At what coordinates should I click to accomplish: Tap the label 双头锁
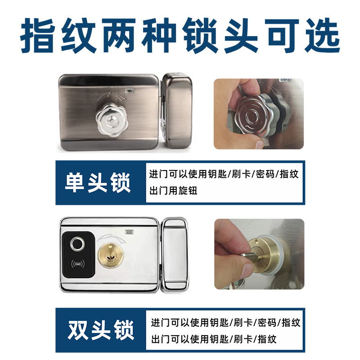[x=101, y=330]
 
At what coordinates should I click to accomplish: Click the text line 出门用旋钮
[x=173, y=191]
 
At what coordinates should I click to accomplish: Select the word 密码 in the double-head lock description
[x=266, y=323]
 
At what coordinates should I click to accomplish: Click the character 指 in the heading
[x=37, y=36]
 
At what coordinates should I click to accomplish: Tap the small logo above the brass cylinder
[x=128, y=233]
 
